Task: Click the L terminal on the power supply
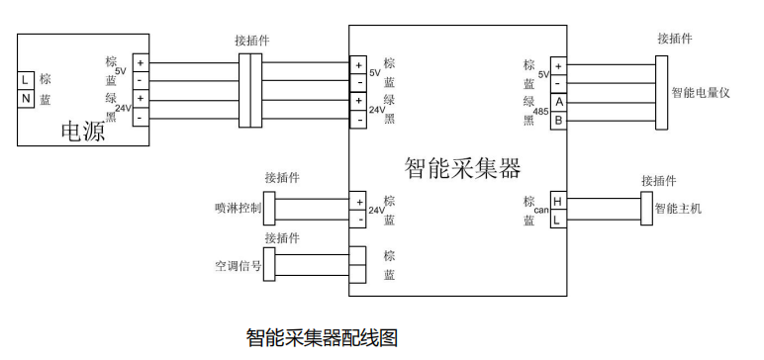(26, 79)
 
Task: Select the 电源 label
(83, 131)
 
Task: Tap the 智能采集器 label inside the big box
(462, 167)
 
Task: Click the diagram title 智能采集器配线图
(322, 338)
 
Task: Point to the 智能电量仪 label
(701, 92)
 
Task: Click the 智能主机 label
(679, 210)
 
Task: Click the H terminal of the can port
(558, 201)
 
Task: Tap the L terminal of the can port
(558, 219)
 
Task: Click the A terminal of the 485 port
(558, 102)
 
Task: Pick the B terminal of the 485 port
(558, 120)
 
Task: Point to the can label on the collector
(540, 211)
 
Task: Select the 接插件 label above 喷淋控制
(282, 178)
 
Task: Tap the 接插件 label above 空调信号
(282, 238)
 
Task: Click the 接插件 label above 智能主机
(659, 181)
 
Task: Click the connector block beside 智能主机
(646, 209)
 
